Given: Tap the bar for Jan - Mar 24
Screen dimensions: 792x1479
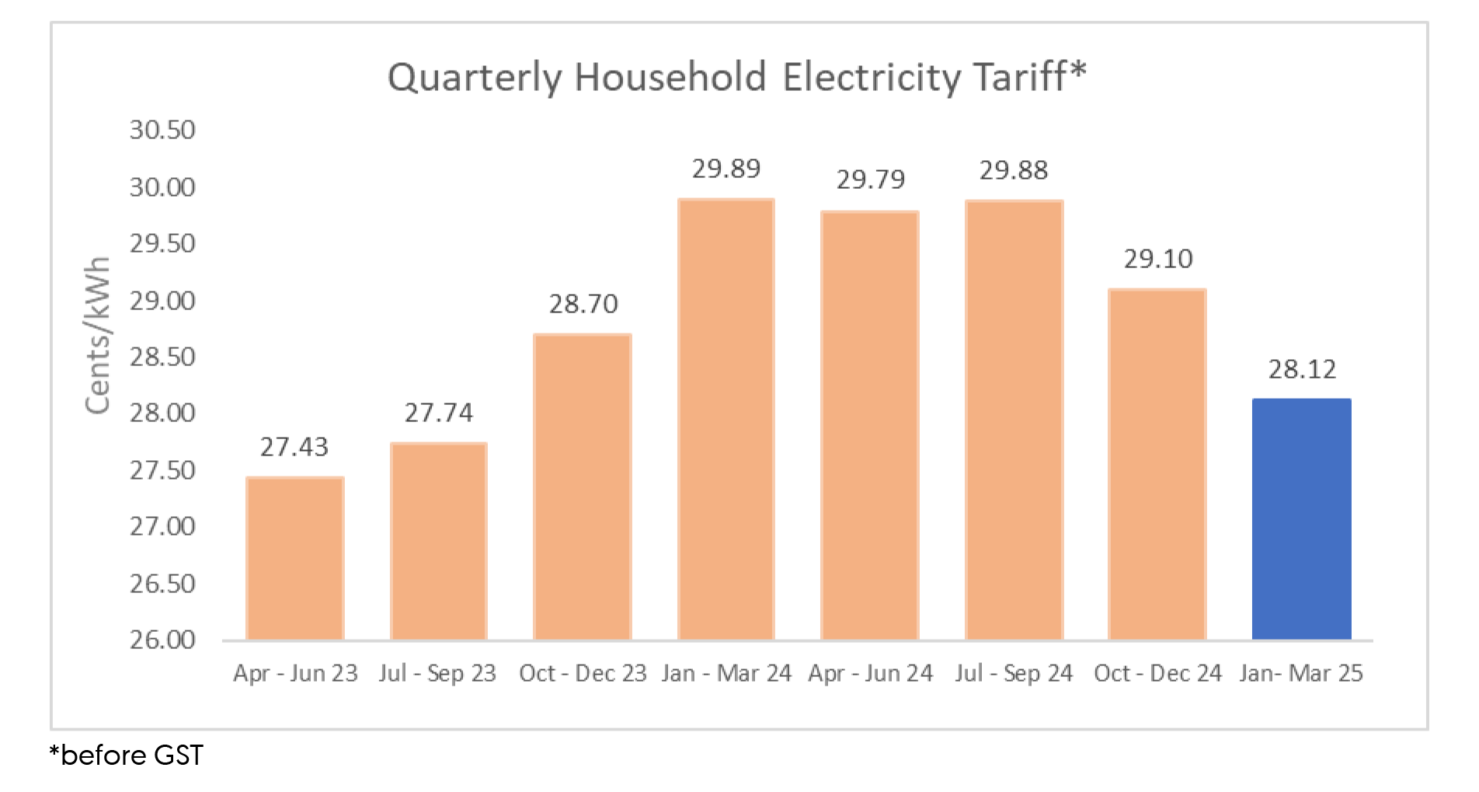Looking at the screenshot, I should coord(726,420).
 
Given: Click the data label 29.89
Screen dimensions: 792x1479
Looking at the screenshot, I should coord(726,169).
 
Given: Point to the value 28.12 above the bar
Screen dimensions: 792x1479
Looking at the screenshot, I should coord(1302,369).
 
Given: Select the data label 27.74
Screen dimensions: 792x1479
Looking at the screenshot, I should coord(438,413).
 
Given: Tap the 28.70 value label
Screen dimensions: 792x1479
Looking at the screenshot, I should coord(583,304).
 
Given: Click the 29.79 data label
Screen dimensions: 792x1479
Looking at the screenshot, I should coord(871,180).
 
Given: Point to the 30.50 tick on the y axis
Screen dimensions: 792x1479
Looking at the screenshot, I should coord(162,130).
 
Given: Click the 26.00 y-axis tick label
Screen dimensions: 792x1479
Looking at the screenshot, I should coord(162,640).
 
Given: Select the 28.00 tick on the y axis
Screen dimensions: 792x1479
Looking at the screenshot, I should coord(162,413).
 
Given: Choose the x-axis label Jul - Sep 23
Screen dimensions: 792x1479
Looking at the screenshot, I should coord(437,673).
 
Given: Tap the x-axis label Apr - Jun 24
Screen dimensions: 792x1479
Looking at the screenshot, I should coord(870,673).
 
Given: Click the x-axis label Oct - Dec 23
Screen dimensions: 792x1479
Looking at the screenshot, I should coord(583,673).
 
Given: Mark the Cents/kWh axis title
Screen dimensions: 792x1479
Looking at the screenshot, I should coord(99,336).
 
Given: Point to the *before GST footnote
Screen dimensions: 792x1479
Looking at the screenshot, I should coord(126,755).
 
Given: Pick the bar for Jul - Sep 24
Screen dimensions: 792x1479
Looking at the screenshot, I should coord(1014,420).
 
